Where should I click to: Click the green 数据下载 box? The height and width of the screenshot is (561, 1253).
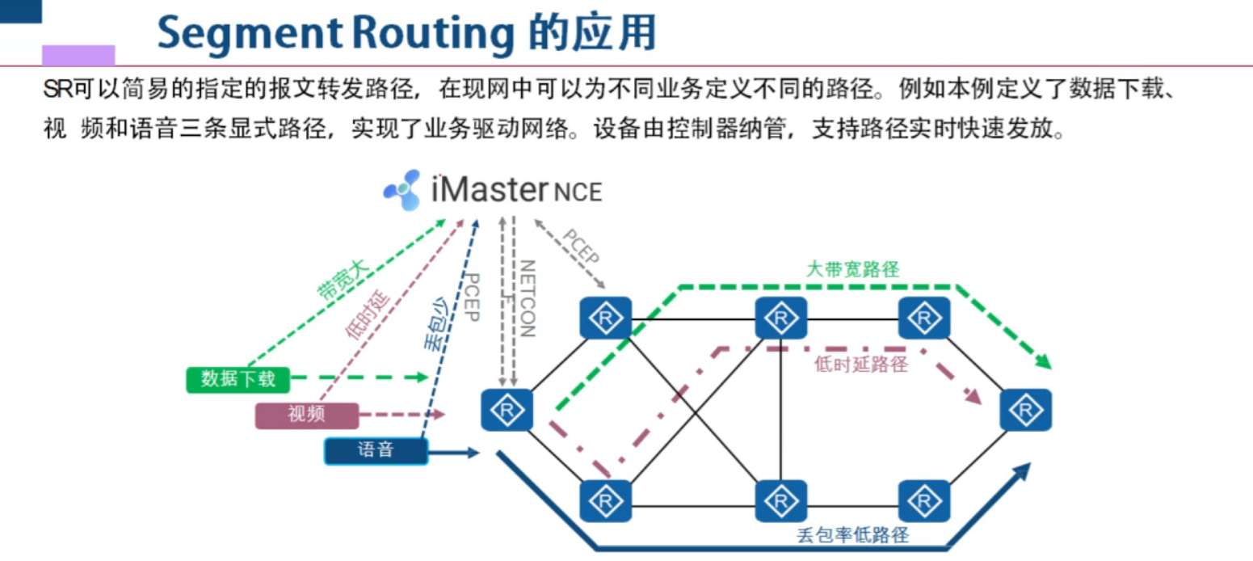[x=237, y=378]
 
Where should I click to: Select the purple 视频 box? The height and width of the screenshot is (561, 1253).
[x=306, y=415]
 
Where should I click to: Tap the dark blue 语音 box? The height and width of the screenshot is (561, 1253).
[x=375, y=450]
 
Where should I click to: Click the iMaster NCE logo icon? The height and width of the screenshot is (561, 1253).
[x=402, y=191]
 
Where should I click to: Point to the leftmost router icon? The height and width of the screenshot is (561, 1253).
[x=507, y=410]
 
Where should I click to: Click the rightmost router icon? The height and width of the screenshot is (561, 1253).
[x=1025, y=410]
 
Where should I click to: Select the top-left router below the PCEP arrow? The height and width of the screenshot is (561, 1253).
[x=606, y=318]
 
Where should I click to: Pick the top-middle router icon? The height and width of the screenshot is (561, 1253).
[x=781, y=318]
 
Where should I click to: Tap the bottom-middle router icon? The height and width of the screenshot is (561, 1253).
[x=781, y=501]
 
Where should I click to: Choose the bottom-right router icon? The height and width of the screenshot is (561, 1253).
[x=923, y=501]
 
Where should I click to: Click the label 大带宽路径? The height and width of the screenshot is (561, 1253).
[x=852, y=269]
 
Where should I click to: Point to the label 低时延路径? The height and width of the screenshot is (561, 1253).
[x=861, y=365]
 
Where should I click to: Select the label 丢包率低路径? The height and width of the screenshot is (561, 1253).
[x=853, y=535]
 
